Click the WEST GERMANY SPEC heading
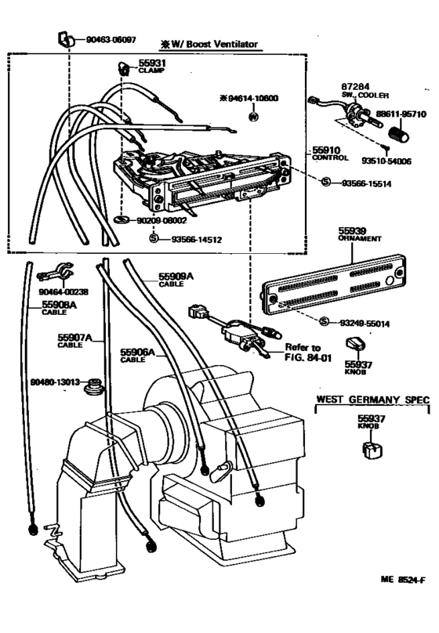click(372, 400)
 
